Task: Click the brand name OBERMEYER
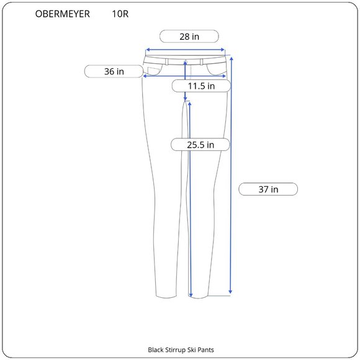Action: (x=62, y=14)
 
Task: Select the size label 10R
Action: (x=120, y=14)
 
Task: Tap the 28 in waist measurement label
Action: (x=189, y=37)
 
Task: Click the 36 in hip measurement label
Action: (x=114, y=71)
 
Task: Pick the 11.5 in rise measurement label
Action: (x=201, y=86)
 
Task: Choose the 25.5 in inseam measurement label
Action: (x=200, y=145)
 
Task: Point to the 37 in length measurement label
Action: (x=268, y=189)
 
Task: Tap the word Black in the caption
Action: (x=154, y=349)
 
